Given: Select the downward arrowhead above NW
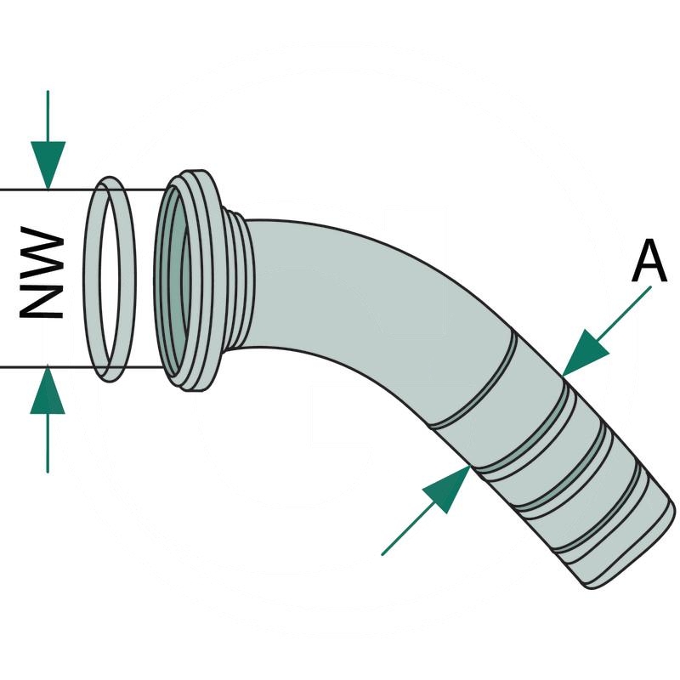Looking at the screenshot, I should pyautogui.click(x=48, y=166).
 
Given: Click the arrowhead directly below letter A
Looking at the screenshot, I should pyautogui.click(x=586, y=350).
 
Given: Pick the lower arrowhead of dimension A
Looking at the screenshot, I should pyautogui.click(x=448, y=489).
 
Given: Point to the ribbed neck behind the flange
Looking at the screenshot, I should pyautogui.click(x=242, y=280).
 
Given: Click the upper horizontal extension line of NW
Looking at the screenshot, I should pyautogui.click(x=85, y=189).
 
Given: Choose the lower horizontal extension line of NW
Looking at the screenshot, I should pyautogui.click(x=85, y=368).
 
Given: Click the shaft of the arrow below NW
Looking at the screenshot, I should pyautogui.click(x=48, y=442).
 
